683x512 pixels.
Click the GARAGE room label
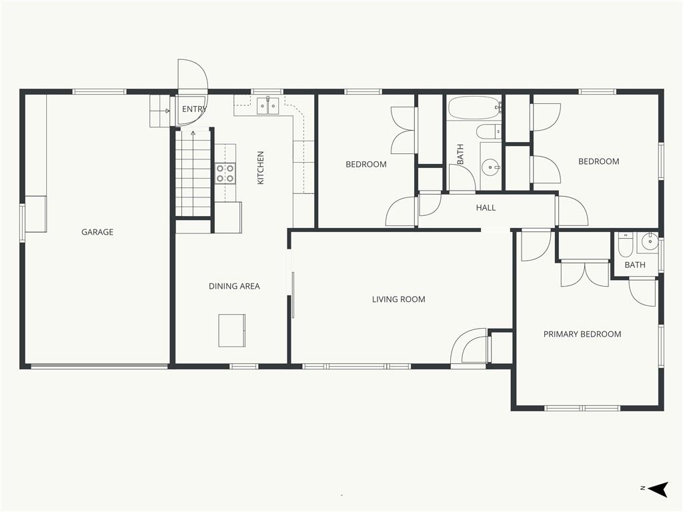coord(97,232)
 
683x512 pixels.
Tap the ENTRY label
coord(194,109)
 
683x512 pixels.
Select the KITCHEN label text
coord(261,167)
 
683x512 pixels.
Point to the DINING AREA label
coord(234,286)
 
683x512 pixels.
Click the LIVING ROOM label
coord(399,299)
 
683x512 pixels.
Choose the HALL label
coord(486,208)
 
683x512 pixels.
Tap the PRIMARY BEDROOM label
coord(582,334)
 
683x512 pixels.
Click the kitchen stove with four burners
coord(225,173)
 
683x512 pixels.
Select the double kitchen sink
coord(267,106)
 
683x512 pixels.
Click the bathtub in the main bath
coord(474,108)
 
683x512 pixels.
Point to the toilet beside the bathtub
coord(488,131)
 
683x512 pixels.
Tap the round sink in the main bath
coord(491,166)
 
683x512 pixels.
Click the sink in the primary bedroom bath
coord(648,242)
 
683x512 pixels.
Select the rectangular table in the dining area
coord(231,331)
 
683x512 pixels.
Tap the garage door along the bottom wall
coord(99,366)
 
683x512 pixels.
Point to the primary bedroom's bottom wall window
coord(582,408)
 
